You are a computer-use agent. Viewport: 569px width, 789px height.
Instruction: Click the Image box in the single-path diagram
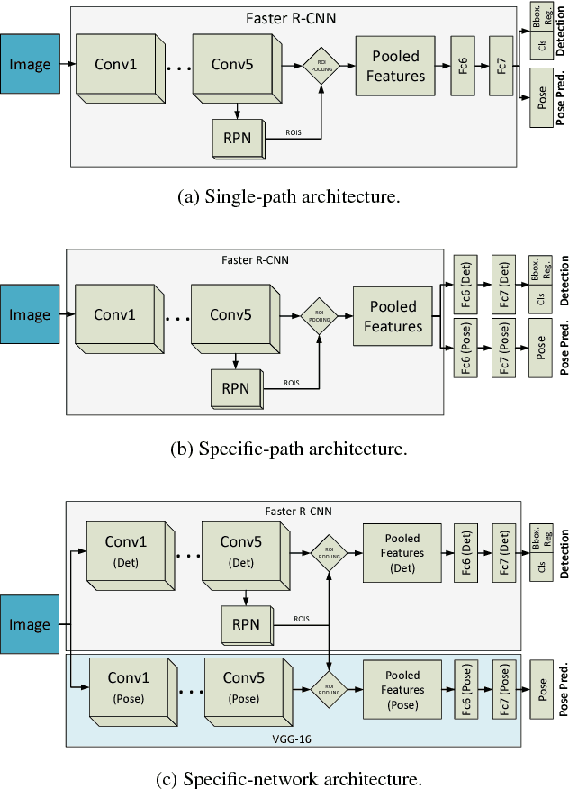pos(31,63)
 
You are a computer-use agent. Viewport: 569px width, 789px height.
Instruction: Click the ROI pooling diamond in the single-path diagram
pos(322,66)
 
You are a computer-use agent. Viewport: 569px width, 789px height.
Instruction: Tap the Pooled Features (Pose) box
pos(402,687)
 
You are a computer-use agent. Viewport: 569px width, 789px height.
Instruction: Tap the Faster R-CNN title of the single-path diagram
pos(294,16)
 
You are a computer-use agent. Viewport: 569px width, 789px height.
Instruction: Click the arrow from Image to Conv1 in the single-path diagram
pos(68,64)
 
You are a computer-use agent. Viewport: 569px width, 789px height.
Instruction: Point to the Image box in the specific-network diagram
pos(31,624)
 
